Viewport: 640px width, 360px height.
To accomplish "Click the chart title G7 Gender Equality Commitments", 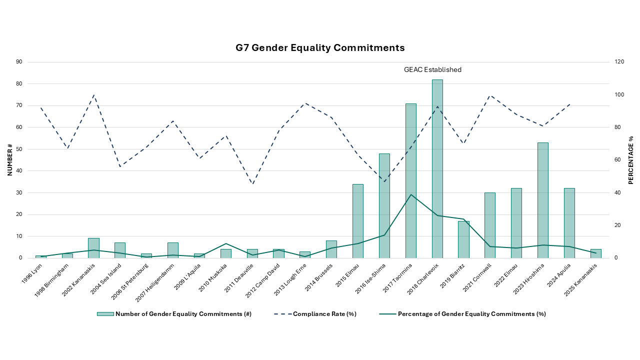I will click(x=320, y=48).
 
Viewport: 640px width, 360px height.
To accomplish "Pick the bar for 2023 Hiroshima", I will click(x=543, y=200).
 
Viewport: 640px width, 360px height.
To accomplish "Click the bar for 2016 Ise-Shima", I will click(x=384, y=205).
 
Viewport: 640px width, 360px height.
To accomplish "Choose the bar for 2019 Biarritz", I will click(x=463, y=239).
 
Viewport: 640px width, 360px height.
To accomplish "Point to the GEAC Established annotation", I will click(x=432, y=70).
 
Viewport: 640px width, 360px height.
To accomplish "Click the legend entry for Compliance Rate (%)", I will click(x=324, y=314).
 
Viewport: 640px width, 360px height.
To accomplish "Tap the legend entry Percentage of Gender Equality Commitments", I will click(x=471, y=314).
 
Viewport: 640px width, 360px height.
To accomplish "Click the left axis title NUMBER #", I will click(x=9, y=159).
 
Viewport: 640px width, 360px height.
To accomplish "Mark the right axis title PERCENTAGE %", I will click(x=630, y=159).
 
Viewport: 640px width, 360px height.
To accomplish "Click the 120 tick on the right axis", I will click(x=619, y=62).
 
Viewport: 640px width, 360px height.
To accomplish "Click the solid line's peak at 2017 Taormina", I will click(x=411, y=194).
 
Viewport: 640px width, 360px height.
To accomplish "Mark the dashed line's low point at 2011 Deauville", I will click(x=252, y=184).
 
